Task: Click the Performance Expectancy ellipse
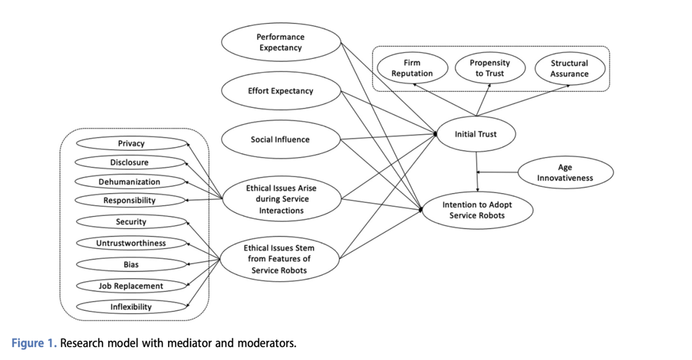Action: [x=281, y=42]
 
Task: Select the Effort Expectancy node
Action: [x=281, y=91]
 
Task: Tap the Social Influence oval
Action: [x=281, y=139]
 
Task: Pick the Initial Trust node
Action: [x=475, y=134]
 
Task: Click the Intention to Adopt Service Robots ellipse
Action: [x=477, y=210]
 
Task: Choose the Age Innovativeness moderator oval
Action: [x=565, y=172]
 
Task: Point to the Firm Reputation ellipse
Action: [x=412, y=68]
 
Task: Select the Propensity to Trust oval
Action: [x=490, y=68]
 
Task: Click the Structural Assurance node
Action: [x=569, y=68]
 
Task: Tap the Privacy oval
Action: [x=131, y=143]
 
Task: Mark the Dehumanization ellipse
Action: [x=129, y=182]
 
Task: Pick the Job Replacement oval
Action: [x=131, y=285]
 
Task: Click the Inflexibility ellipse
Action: [x=131, y=306]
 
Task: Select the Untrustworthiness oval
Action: [x=131, y=243]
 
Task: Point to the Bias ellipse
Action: [x=131, y=265]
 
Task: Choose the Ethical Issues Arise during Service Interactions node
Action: [x=281, y=199]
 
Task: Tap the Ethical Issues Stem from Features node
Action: [x=279, y=259]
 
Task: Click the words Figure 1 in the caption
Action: [x=34, y=344]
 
